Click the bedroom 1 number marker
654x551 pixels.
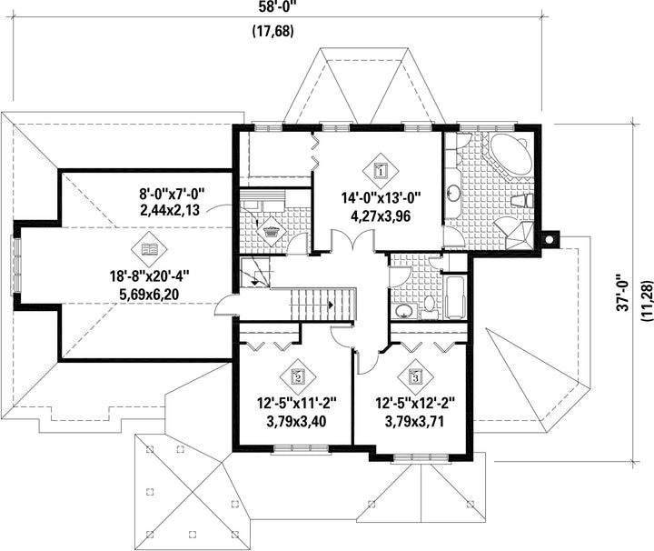380,170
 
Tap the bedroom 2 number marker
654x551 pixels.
298,377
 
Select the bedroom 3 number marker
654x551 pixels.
415,377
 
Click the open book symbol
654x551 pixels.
149,250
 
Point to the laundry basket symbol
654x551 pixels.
272,231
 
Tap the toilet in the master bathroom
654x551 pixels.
521,201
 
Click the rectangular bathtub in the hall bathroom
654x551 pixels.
455,297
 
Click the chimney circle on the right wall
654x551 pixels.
550,239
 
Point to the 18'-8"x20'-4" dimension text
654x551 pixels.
149,276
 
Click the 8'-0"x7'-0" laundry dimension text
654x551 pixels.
173,194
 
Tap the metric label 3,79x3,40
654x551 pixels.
296,422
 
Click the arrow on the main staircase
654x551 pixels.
331,305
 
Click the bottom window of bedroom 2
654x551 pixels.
301,448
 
